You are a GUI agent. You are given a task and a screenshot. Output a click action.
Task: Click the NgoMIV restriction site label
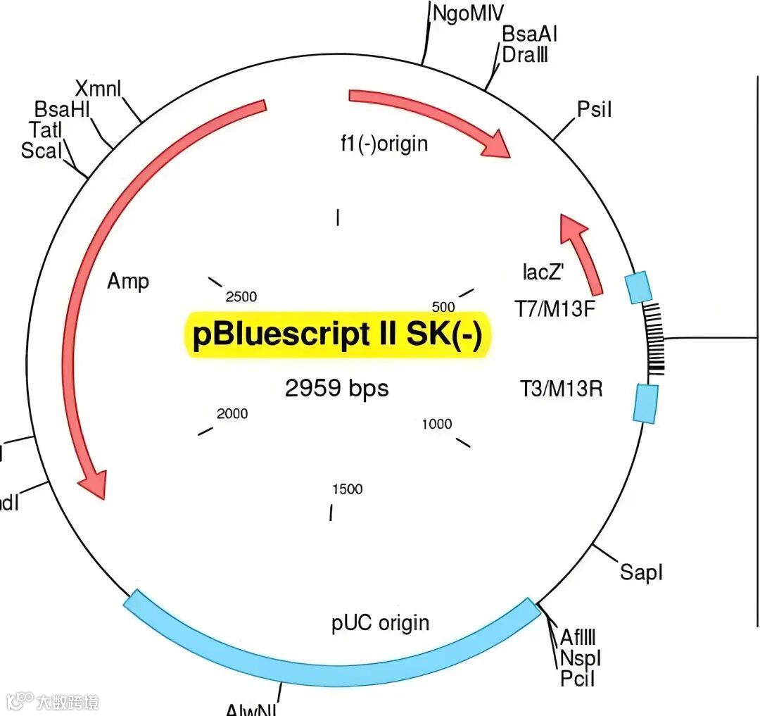pos(468,13)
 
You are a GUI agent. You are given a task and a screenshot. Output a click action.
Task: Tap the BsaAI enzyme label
pos(529,34)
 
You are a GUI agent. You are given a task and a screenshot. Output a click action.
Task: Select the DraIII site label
pos(525,54)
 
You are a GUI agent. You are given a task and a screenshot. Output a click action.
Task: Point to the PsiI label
pos(595,109)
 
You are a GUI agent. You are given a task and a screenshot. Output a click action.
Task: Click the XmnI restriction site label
pos(98,89)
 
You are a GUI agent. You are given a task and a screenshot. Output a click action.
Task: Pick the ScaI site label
pos(42,150)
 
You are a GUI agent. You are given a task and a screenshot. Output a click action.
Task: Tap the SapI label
pos(641,572)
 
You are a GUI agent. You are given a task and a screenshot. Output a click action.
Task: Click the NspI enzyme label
pos(581,658)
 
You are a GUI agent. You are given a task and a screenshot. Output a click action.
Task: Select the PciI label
pos(578,679)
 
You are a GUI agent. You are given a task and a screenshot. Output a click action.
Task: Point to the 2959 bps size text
pos(336,388)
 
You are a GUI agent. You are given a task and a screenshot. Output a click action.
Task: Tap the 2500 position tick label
pos(241,297)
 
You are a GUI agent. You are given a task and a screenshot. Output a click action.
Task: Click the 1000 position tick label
pos(437,424)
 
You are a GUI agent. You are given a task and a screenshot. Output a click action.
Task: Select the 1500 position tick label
pos(347,489)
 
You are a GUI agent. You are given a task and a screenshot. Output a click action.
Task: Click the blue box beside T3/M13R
pos(645,403)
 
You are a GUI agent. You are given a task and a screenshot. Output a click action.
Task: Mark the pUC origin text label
pos(380,623)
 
